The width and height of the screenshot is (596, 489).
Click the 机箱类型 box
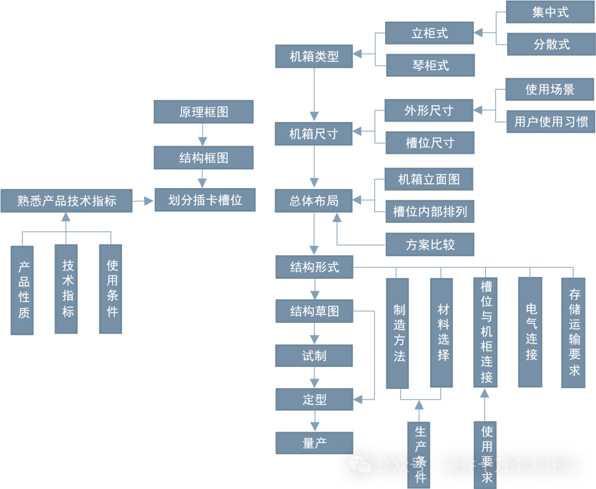[314, 56]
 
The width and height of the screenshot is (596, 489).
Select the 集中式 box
[550, 12]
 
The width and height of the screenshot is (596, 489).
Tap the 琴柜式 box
[430, 66]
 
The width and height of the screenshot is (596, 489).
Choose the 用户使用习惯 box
[551, 121]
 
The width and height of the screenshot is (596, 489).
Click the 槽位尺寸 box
[430, 143]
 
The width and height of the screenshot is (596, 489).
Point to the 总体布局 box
[314, 201]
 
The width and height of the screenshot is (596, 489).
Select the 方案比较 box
[430, 244]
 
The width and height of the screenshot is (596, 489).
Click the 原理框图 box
[203, 111]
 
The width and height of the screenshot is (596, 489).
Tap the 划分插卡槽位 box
[205, 200]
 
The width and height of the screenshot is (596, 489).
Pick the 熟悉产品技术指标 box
[66, 201]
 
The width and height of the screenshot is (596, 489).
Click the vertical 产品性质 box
[22, 290]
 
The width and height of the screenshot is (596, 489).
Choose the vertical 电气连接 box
[530, 332]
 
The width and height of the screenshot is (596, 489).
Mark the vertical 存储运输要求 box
[574, 332]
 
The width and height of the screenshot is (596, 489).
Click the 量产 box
[314, 443]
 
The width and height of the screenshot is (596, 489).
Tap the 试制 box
[314, 356]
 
